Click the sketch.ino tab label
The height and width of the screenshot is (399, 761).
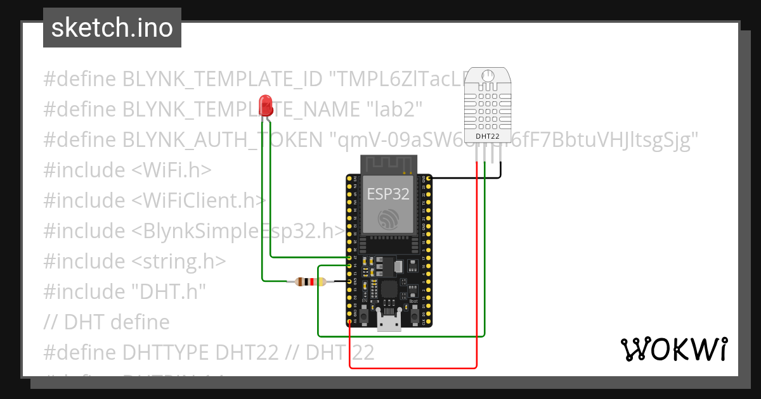click(112, 28)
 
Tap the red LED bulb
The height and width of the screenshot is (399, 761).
click(266, 103)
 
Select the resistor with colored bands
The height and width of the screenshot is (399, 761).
click(311, 282)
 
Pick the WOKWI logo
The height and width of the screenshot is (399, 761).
click(673, 349)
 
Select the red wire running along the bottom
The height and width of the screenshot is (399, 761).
click(412, 367)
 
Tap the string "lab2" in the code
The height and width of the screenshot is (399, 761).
click(395, 110)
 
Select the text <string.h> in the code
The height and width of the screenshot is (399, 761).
click(179, 262)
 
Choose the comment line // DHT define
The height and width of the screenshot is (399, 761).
click(107, 322)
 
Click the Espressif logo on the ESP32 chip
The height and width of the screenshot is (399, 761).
click(388, 220)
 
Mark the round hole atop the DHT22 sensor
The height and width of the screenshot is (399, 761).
click(488, 76)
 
